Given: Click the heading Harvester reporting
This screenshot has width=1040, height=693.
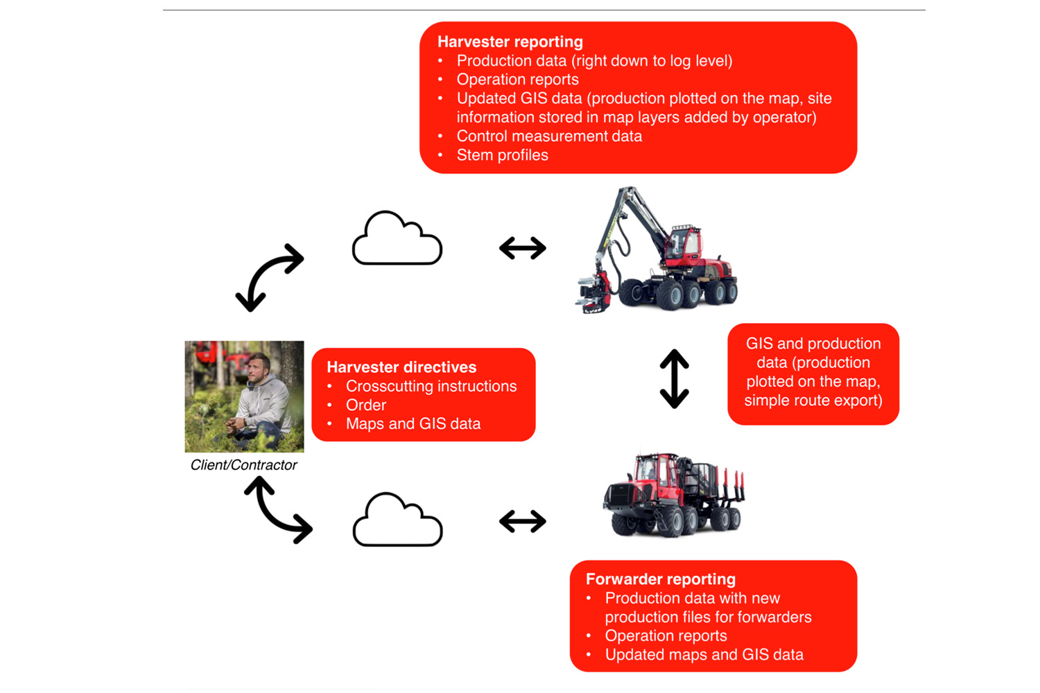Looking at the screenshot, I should click(x=510, y=42).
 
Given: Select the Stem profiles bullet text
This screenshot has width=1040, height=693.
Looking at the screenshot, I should click(x=502, y=155).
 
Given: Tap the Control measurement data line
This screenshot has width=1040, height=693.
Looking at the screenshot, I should click(x=549, y=137).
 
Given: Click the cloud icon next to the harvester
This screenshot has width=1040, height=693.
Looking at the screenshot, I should click(x=397, y=240).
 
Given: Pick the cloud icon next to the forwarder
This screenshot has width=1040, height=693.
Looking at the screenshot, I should click(x=397, y=521).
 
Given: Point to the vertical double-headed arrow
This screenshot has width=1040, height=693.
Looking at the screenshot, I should click(x=674, y=378).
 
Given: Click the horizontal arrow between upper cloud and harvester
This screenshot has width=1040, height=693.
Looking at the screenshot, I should click(x=523, y=248).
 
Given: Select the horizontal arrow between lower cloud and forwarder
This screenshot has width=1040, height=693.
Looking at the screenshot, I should click(x=523, y=521).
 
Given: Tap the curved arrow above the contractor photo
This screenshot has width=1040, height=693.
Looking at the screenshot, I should click(x=269, y=277).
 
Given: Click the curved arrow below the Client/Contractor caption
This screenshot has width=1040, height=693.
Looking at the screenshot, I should click(x=278, y=511).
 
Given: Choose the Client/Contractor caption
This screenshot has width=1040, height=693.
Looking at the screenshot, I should click(x=243, y=465).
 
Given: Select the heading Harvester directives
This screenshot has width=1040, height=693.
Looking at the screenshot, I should click(x=401, y=367).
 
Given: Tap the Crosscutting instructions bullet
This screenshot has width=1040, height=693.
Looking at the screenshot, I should click(x=431, y=386).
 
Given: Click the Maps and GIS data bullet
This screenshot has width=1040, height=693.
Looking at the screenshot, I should click(x=413, y=424).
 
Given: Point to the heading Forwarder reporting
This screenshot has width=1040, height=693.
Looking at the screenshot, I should click(x=660, y=579).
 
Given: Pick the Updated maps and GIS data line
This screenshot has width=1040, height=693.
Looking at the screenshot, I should click(x=704, y=655).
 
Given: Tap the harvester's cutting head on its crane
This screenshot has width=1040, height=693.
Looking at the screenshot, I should click(x=593, y=291).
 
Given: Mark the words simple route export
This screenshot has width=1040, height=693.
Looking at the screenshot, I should click(x=813, y=401).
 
